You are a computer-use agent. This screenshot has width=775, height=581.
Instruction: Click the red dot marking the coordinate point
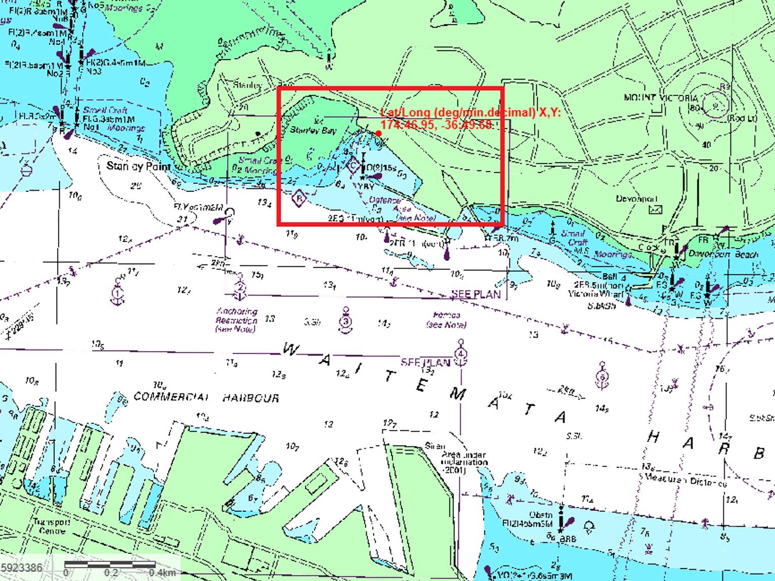click(x=378, y=133)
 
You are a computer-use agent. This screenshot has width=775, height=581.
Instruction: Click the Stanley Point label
click(x=139, y=166)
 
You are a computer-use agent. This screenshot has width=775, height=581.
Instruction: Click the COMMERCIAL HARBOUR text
click(x=206, y=398)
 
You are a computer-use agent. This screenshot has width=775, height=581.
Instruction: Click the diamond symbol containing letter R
click(x=299, y=199)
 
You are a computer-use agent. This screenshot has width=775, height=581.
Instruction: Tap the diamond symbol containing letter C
click(x=353, y=165)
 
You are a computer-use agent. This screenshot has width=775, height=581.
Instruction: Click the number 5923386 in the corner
click(x=22, y=568)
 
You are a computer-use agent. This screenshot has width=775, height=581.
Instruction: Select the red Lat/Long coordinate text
click(x=470, y=118)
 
